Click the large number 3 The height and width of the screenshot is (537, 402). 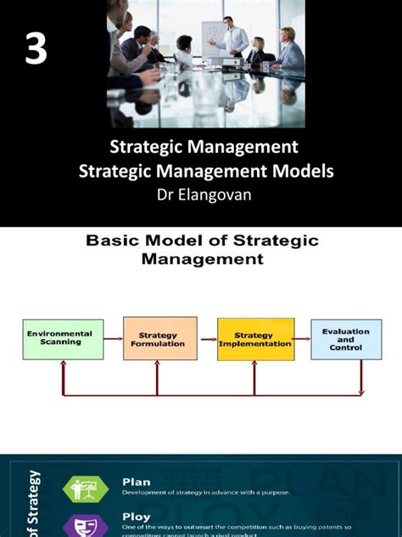pos(35,51)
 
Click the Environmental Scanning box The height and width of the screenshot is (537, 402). pos(63,340)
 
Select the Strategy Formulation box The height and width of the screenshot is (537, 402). pos(160,340)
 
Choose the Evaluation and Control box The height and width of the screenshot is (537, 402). pos(346,340)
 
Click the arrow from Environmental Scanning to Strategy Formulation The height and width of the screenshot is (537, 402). pos(114,340)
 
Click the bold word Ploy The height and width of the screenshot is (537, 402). pos(136,516)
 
